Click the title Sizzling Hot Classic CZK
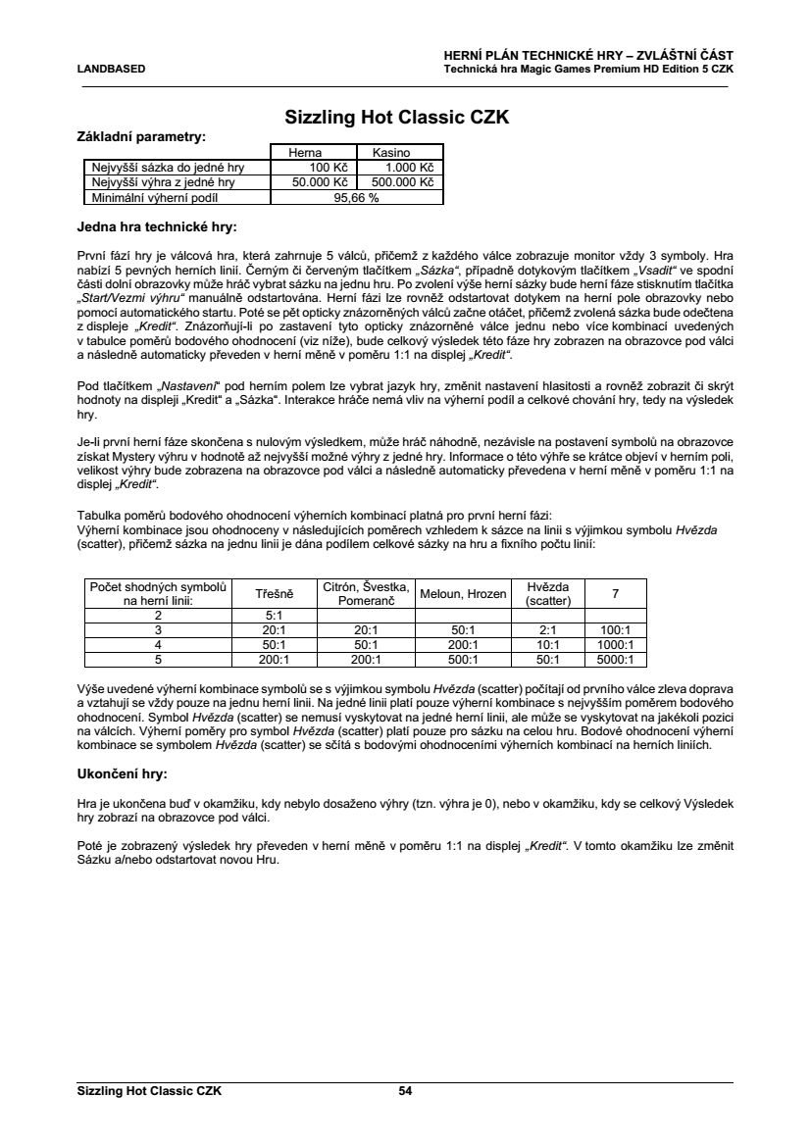pos(396,118)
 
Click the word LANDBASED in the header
pos(111,69)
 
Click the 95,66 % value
pos(356,197)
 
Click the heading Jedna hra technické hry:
pos(157,227)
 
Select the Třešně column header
pos(275,594)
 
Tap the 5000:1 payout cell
pos(615,660)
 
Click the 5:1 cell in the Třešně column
pos(275,615)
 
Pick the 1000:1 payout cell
pos(615,645)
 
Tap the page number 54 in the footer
pos(405,1090)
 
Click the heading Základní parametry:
pos(141,136)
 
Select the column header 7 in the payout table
pos(615,594)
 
